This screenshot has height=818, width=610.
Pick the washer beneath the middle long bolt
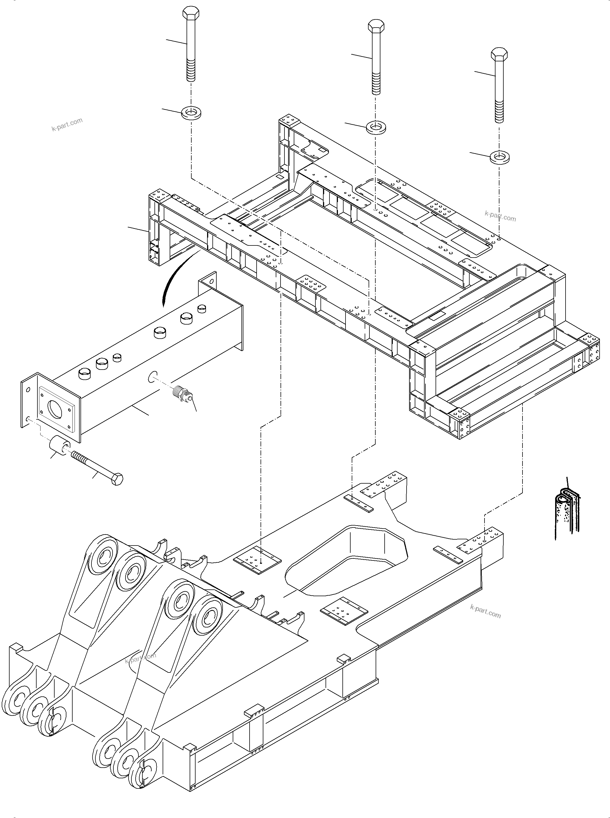click(x=376, y=128)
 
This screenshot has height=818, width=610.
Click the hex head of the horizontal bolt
click(x=117, y=479)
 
